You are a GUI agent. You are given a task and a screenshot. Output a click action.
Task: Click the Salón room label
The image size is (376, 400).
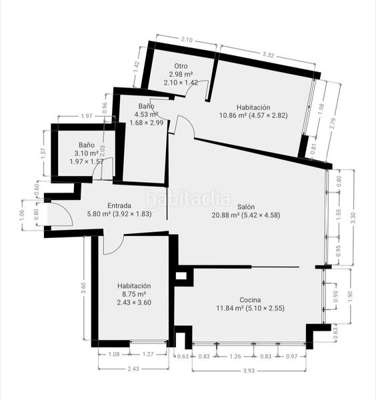(x=246, y=207)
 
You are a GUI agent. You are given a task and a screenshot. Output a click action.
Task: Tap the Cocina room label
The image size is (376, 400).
(x=250, y=300)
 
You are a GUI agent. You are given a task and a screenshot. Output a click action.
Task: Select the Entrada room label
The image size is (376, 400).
(x=119, y=205)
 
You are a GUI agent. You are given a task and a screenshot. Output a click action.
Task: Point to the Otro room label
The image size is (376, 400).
(x=181, y=66)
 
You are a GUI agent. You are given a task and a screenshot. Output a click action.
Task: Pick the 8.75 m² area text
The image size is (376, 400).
(x=134, y=294)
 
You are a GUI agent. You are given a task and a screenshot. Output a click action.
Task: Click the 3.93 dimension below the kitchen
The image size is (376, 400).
(x=249, y=371)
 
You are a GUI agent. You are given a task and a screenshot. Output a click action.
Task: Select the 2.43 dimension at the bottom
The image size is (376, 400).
(x=133, y=369)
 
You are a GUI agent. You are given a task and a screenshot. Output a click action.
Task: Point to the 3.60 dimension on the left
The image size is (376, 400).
(x=83, y=288)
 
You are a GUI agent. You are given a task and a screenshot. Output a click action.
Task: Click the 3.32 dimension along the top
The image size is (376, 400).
(x=268, y=55)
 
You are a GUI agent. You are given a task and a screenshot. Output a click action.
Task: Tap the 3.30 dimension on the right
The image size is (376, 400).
(x=353, y=218)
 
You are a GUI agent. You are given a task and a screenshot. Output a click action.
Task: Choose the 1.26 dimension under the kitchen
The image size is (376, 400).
(x=235, y=356)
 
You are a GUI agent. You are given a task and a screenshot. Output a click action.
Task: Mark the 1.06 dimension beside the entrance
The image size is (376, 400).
(x=22, y=215)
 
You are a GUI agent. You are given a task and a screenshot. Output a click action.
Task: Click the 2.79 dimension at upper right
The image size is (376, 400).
(x=332, y=123)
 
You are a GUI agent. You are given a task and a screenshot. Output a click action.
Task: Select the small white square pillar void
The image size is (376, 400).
(x=181, y=276)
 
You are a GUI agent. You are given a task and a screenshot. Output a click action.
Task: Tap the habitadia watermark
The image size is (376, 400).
(x=188, y=199)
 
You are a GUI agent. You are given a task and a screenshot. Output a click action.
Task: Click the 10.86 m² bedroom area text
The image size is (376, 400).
(x=233, y=115)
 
